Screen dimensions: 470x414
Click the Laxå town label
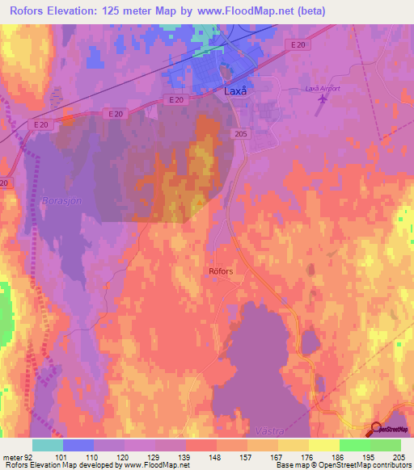pyautogui.click(x=234, y=93)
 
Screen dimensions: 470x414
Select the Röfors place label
pyautogui.click(x=221, y=271)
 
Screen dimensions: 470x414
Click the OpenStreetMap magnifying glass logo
pyautogui.click(x=378, y=429)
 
